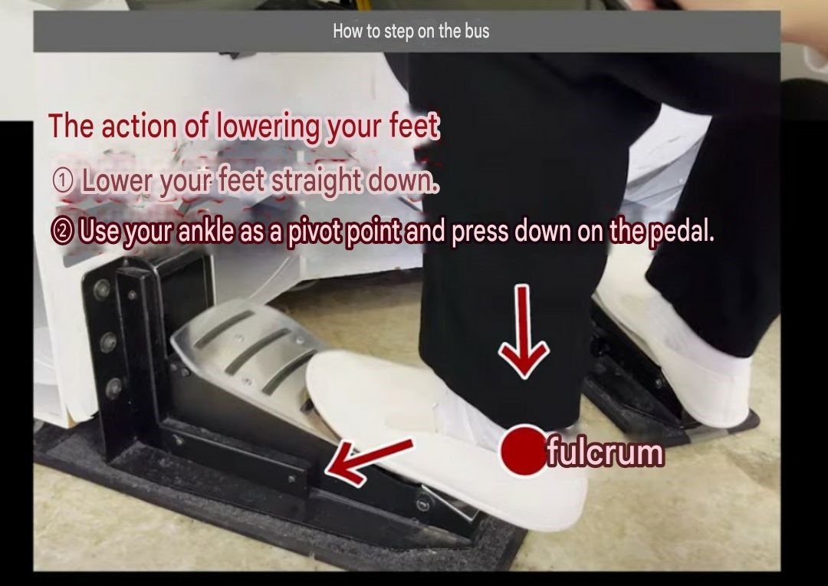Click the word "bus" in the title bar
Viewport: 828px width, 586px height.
[x=477, y=31]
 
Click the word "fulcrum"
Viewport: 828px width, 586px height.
[x=605, y=453]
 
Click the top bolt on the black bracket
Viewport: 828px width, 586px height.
[x=101, y=290]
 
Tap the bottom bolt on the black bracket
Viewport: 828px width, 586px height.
[x=113, y=388]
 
